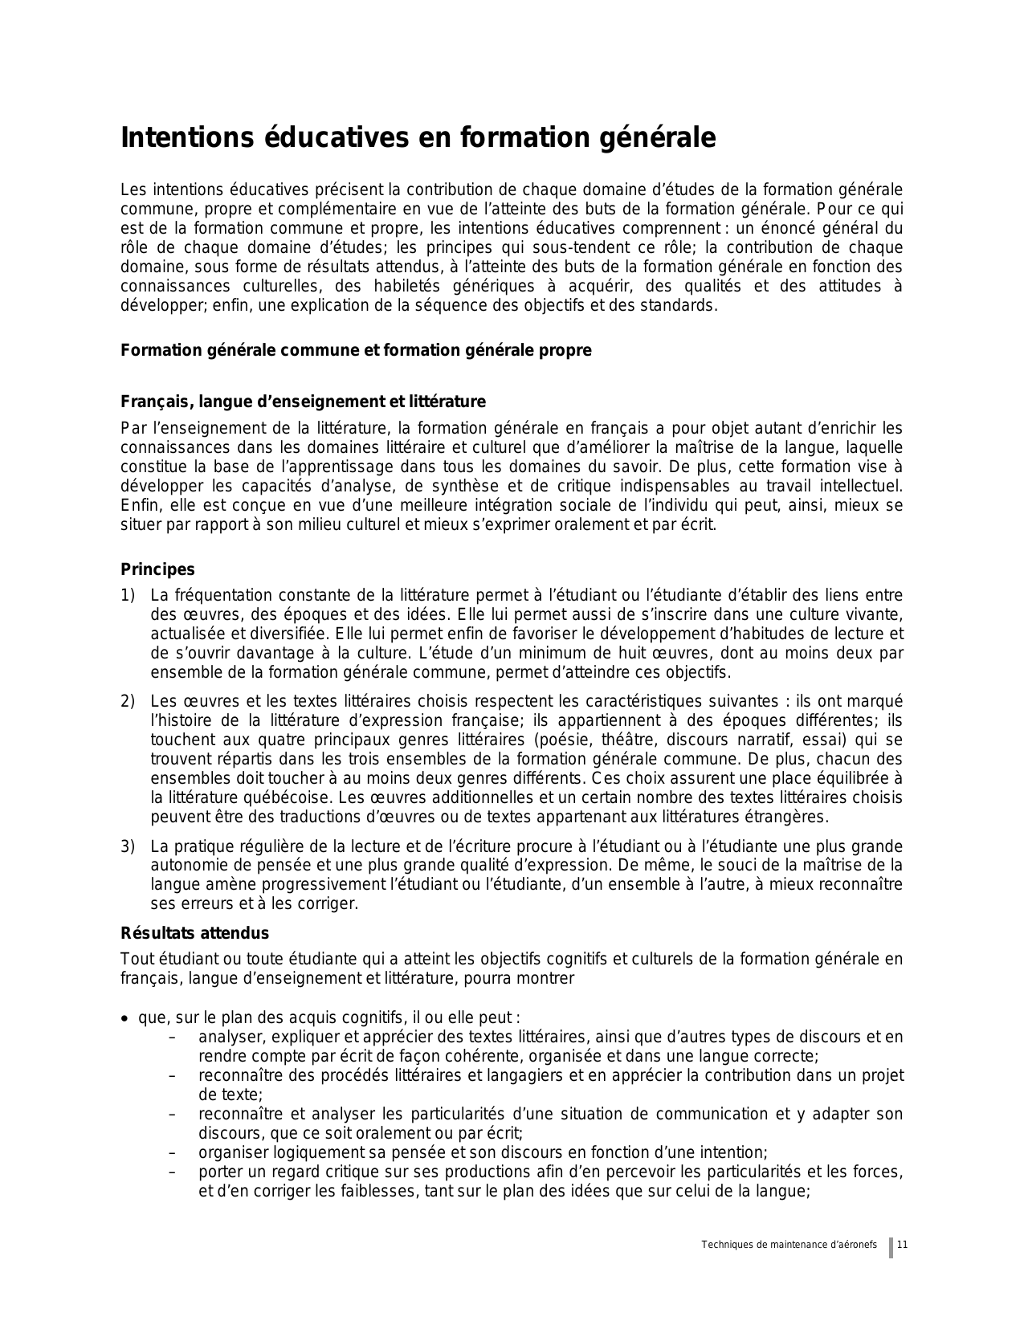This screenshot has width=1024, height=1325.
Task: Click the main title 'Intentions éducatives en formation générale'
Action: pyautogui.click(x=418, y=138)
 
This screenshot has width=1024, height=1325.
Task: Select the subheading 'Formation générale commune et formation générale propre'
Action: pyautogui.click(x=356, y=351)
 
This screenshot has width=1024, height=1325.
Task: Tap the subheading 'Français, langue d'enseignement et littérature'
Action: pyautogui.click(x=303, y=402)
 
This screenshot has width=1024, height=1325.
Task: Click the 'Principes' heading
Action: pyautogui.click(x=157, y=570)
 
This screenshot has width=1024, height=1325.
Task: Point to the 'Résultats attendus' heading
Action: pyautogui.click(x=194, y=933)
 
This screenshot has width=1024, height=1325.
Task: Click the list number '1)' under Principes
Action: pyautogui.click(x=128, y=596)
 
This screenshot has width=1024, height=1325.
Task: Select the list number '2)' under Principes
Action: pyautogui.click(x=128, y=702)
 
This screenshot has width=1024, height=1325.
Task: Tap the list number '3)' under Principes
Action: pyautogui.click(x=128, y=847)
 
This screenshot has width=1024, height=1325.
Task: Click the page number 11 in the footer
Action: pyautogui.click(x=902, y=1245)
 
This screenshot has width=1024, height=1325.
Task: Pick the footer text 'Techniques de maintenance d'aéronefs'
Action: pyautogui.click(x=789, y=1245)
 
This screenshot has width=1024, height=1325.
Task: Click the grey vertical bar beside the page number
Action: pyautogui.click(x=891, y=1247)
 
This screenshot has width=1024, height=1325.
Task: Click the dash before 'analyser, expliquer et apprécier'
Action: pyautogui.click(x=173, y=1038)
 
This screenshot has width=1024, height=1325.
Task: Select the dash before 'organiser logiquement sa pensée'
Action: pyautogui.click(x=173, y=1153)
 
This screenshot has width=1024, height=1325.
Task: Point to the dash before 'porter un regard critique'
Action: pyautogui.click(x=173, y=1172)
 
